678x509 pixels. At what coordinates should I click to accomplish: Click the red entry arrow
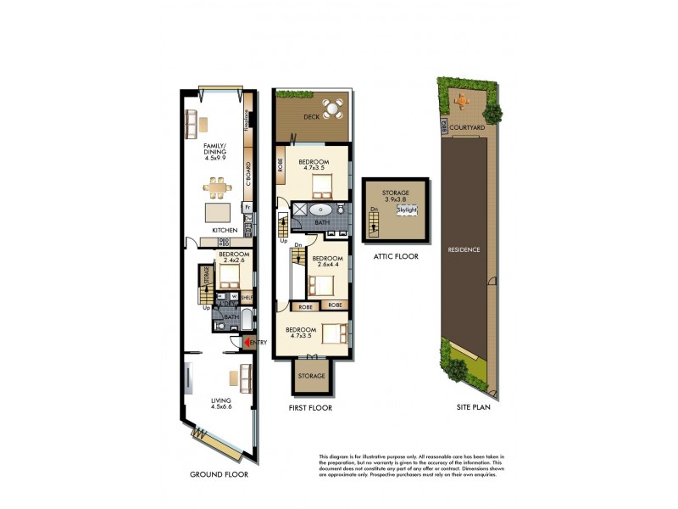(247, 342)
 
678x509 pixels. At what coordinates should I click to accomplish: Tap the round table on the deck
(336, 109)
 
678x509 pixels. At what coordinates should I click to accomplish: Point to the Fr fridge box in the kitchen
(247, 206)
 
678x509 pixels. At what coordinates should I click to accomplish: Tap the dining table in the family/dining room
(219, 184)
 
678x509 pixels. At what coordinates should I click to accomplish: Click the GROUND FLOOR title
(218, 475)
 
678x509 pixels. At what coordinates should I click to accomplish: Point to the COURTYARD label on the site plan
(467, 128)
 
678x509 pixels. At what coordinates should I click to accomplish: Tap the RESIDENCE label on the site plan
(465, 250)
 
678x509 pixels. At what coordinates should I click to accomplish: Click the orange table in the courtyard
(462, 100)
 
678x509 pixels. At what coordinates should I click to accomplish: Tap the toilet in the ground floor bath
(220, 324)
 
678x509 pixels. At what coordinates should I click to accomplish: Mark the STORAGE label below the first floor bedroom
(311, 375)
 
